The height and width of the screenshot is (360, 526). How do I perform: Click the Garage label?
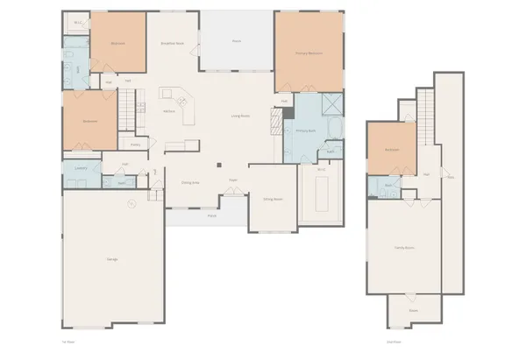point(113,259)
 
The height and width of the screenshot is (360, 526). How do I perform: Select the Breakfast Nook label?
point(172,43)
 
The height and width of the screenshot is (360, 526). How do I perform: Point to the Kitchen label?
point(170,111)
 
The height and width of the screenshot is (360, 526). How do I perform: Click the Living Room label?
point(240,116)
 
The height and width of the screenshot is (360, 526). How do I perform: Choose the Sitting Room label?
point(273,200)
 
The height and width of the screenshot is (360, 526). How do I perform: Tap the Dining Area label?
point(189,182)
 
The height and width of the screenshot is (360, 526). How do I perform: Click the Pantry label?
point(135,145)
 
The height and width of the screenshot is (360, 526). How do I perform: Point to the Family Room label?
point(404,248)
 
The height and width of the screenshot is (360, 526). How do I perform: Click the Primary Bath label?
point(304,131)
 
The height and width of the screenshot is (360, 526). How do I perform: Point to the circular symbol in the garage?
point(131,205)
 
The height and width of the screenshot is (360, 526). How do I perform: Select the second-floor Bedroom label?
point(391,150)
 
